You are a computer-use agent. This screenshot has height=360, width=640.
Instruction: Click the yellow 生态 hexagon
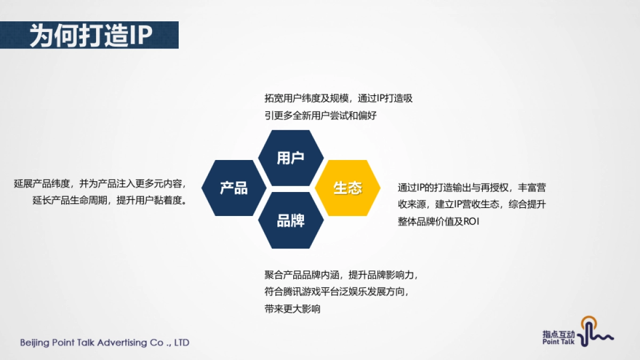point(348,188)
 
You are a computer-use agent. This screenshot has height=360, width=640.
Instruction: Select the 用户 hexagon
point(291,158)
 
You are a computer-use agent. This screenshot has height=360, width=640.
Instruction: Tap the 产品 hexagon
point(234,188)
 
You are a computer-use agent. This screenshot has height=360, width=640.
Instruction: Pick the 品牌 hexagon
point(291,220)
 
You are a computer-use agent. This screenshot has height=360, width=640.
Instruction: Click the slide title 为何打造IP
point(91,35)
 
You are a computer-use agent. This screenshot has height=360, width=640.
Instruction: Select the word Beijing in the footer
point(34,342)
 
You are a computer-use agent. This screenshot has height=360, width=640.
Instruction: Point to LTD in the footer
point(181,342)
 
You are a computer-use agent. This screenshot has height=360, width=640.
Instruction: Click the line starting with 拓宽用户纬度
point(339,99)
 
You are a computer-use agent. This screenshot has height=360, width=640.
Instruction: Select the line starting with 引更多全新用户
point(321,115)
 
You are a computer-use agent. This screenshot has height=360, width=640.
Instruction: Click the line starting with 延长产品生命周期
point(109,201)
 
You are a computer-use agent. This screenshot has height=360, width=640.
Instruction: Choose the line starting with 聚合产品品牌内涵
point(341,275)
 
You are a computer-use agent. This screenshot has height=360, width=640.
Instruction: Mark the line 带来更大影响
point(292,309)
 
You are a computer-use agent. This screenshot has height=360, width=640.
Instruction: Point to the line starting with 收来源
point(471,205)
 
